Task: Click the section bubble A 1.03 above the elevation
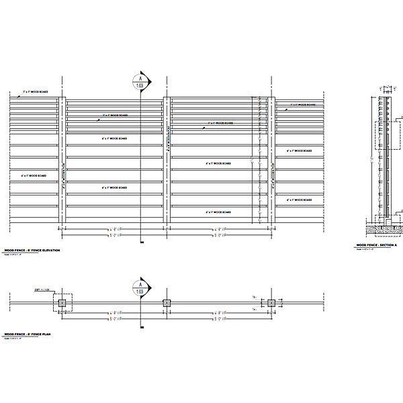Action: pos(140,82)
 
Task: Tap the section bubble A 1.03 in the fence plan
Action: pos(140,289)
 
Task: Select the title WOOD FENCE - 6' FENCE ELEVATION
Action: pos(32,249)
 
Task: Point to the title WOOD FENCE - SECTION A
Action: pos(377,246)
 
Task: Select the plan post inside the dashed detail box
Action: pos(62,304)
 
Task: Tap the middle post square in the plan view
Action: pos(167,304)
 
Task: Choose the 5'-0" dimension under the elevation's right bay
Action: pos(219,236)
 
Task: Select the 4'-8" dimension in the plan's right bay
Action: pos(219,314)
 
